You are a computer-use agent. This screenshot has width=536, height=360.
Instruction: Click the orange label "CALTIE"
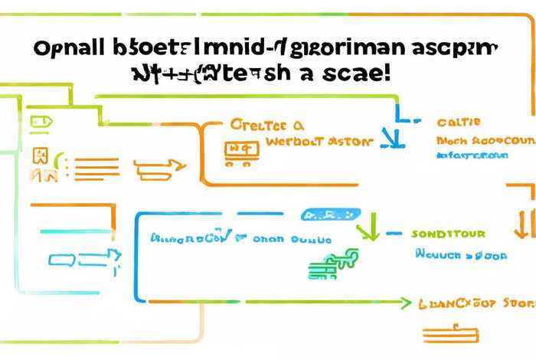459,123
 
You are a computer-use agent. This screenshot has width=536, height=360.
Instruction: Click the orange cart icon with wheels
239,153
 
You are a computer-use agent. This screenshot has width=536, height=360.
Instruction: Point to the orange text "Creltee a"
266,124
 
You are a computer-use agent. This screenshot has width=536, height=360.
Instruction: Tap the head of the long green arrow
404,304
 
